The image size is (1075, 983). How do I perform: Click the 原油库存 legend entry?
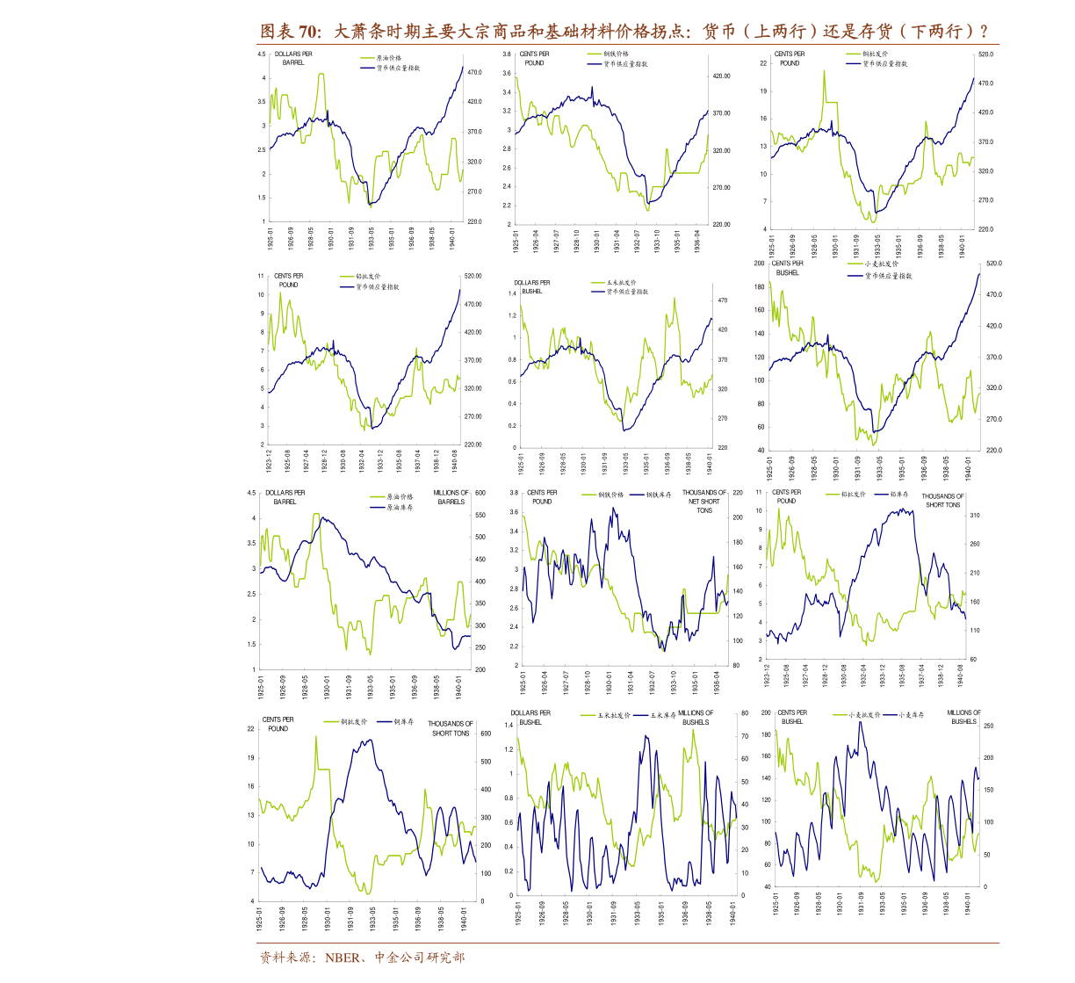click(x=400, y=508)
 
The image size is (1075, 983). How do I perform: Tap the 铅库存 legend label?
click(x=898, y=495)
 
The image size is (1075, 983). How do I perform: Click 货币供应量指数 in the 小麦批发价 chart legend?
click(x=888, y=276)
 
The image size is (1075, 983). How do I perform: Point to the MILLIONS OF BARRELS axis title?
click(x=451, y=497)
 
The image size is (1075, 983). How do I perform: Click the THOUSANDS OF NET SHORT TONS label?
click(x=703, y=502)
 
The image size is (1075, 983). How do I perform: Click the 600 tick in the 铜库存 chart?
click(x=486, y=733)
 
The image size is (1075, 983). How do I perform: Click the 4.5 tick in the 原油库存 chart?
click(x=252, y=493)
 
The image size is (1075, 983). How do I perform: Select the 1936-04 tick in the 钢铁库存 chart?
click(x=716, y=683)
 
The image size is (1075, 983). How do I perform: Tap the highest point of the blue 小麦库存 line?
click(x=861, y=722)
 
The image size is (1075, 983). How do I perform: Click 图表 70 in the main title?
click(x=289, y=33)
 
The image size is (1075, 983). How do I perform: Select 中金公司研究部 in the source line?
click(x=419, y=958)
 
